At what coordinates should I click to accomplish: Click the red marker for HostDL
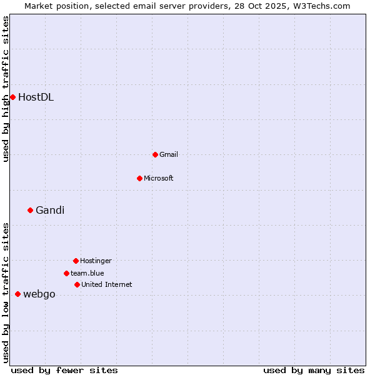pyautogui.click(x=12, y=97)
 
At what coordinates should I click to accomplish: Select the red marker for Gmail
pyautogui.click(x=155, y=154)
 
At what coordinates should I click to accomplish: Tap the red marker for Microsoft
pyautogui.click(x=139, y=178)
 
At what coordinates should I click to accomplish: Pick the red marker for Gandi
pyautogui.click(x=30, y=210)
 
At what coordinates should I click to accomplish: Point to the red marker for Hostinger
pyautogui.click(x=76, y=261)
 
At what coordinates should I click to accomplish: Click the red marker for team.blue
pyautogui.click(x=66, y=273)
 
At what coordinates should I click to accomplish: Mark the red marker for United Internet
pyautogui.click(x=77, y=284)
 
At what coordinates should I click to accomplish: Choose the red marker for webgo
pyautogui.click(x=17, y=294)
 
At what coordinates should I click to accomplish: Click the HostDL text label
pyautogui.click(x=36, y=97)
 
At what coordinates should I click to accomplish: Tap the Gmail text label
pyautogui.click(x=169, y=154)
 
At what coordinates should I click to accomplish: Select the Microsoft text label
pyautogui.click(x=159, y=178)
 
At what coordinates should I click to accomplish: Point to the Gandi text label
pyautogui.click(x=50, y=210)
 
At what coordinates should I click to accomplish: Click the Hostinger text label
pyautogui.click(x=96, y=261)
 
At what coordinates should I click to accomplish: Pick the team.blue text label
pyautogui.click(x=87, y=273)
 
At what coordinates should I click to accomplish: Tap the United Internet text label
pyautogui.click(x=107, y=284)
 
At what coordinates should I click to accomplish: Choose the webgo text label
pyautogui.click(x=39, y=294)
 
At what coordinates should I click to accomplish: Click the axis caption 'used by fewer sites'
pyautogui.click(x=64, y=370)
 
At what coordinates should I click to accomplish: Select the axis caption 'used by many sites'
pyautogui.click(x=314, y=370)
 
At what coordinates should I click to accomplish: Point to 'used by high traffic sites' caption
pyautogui.click(x=6, y=89)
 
